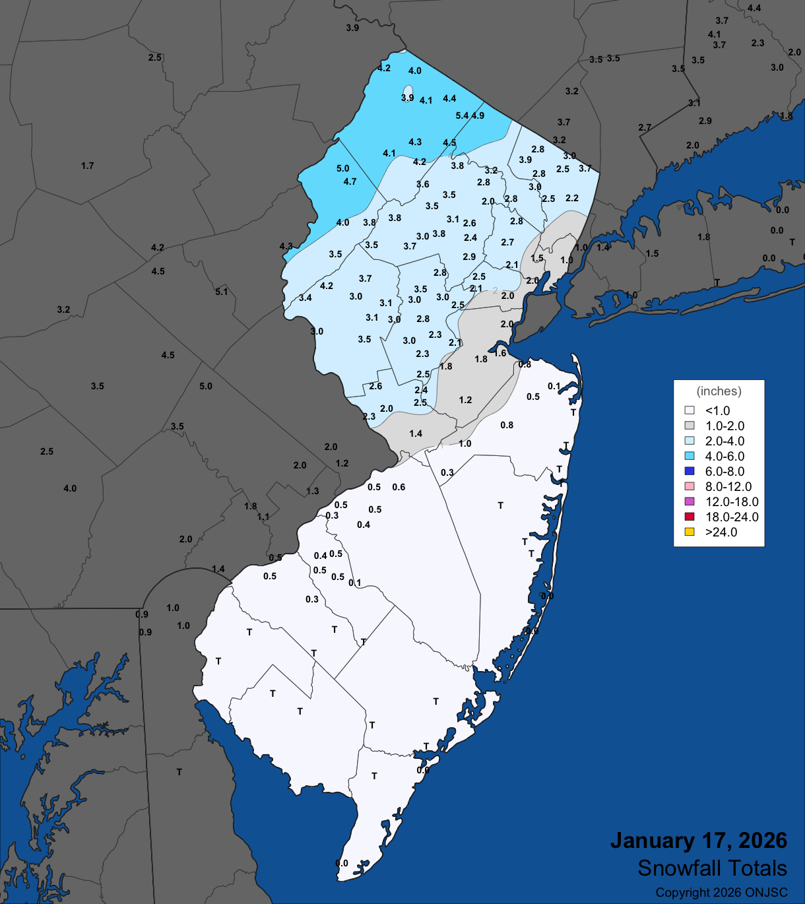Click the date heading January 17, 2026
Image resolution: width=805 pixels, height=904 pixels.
(x=698, y=841)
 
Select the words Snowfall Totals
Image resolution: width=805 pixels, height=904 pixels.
(x=712, y=868)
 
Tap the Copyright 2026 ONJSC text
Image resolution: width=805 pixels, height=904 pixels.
(x=721, y=893)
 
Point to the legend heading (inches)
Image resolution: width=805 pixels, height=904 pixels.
(x=719, y=391)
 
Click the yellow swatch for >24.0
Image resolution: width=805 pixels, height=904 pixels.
(x=690, y=532)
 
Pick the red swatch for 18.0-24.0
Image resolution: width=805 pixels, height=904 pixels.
(x=690, y=517)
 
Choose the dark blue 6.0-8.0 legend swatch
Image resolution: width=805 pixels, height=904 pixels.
(x=690, y=471)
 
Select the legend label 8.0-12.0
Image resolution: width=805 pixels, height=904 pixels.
(x=728, y=486)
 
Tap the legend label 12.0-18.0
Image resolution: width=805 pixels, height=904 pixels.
(x=732, y=501)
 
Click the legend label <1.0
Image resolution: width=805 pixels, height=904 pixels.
(x=717, y=410)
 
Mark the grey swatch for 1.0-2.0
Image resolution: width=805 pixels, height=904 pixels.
(x=690, y=426)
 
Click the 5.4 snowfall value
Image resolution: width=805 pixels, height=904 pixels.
(x=462, y=115)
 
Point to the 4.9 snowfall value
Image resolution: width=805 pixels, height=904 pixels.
(x=478, y=115)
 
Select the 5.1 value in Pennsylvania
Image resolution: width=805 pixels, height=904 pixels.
(x=221, y=292)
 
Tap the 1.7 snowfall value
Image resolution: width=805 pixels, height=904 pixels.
(x=88, y=166)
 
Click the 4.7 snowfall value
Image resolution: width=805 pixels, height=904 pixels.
(x=350, y=181)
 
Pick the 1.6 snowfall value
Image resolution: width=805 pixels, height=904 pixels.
(x=500, y=353)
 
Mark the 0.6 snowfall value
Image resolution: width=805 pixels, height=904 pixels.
(x=399, y=487)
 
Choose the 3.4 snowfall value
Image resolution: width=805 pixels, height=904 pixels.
(x=305, y=298)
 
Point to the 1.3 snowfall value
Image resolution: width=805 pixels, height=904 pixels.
(x=312, y=491)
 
